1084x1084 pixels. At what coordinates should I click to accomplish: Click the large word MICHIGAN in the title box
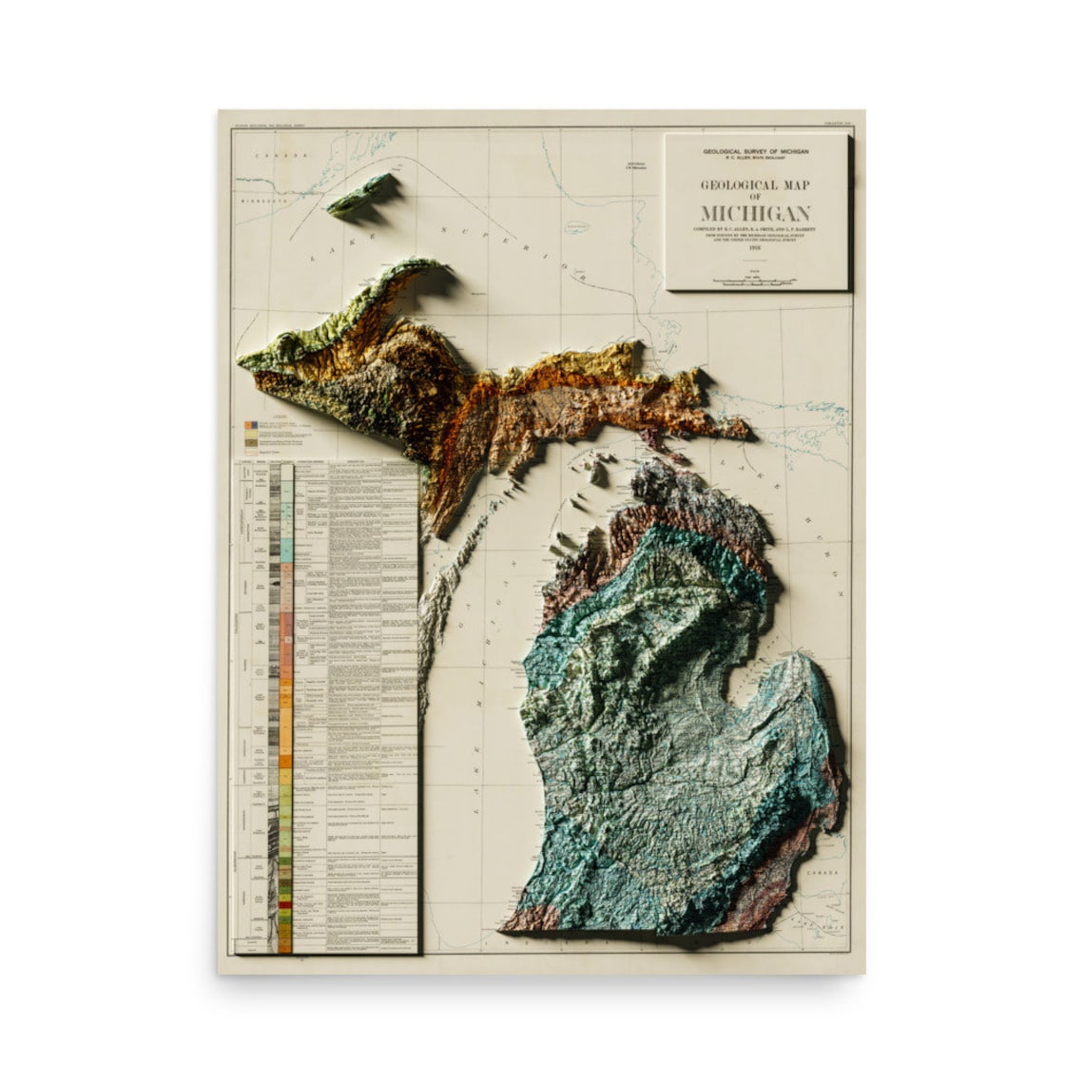pyautogui.click(x=757, y=212)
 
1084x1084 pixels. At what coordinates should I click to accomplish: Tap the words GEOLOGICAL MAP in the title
pyautogui.click(x=757, y=185)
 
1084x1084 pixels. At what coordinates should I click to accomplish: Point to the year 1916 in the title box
pyautogui.click(x=758, y=250)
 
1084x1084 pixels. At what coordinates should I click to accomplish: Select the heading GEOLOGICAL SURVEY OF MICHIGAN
pyautogui.click(x=757, y=152)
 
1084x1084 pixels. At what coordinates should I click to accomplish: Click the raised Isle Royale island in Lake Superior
pyautogui.click(x=361, y=196)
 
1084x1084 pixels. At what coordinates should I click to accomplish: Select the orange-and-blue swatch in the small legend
pyautogui.click(x=251, y=424)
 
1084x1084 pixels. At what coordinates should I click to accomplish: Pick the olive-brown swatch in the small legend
pyautogui.click(x=251, y=443)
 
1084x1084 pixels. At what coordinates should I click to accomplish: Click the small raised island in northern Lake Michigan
pyautogui.click(x=602, y=470)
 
